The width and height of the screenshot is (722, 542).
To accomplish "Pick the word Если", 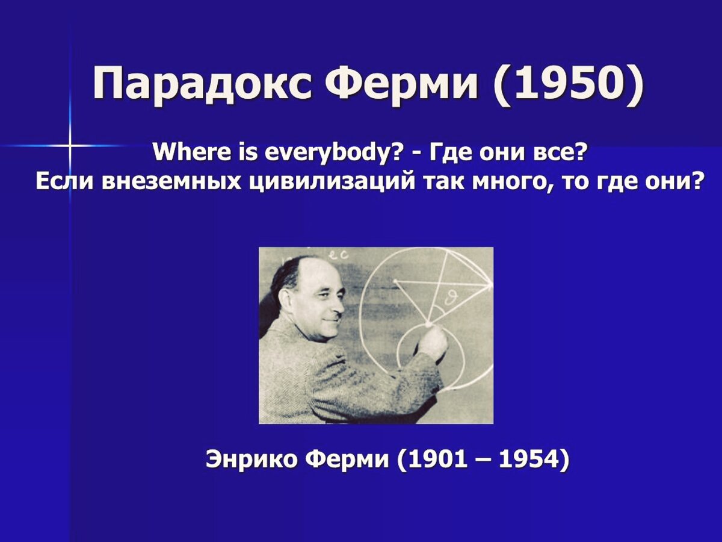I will coord(63,181).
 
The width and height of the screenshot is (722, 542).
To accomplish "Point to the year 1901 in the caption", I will coord(437,460).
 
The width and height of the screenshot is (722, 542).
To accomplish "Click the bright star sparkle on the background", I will coord(69,146).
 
